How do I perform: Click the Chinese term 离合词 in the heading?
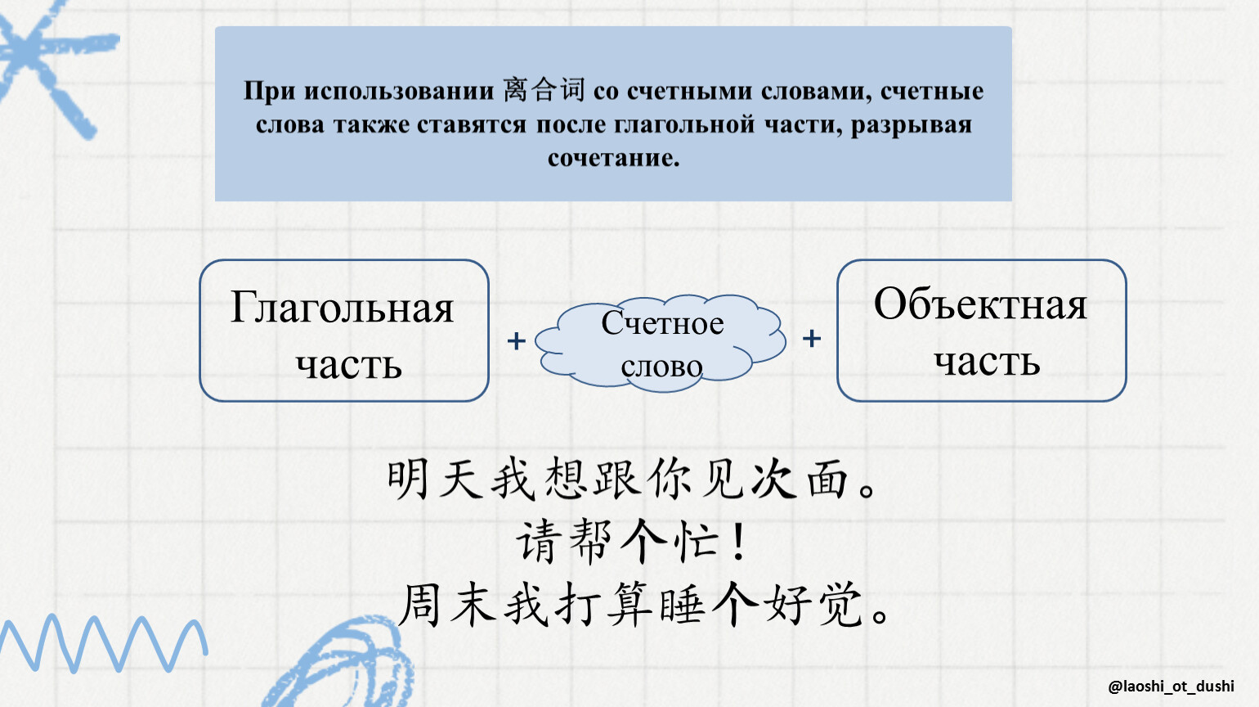(544, 90)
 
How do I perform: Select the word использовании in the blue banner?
(399, 91)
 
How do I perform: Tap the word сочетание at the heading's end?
(614, 158)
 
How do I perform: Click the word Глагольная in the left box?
(342, 308)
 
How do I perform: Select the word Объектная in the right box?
(980, 304)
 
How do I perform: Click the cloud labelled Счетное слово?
(661, 342)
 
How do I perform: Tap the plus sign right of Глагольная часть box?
(516, 341)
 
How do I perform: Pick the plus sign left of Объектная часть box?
(812, 339)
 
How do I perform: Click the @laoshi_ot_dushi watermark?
(1172, 687)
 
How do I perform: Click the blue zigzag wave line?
(104, 643)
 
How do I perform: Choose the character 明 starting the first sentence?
(408, 479)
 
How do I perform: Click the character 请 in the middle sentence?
(539, 541)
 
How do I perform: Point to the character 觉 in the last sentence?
(840, 606)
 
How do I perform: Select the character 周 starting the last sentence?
(419, 606)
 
